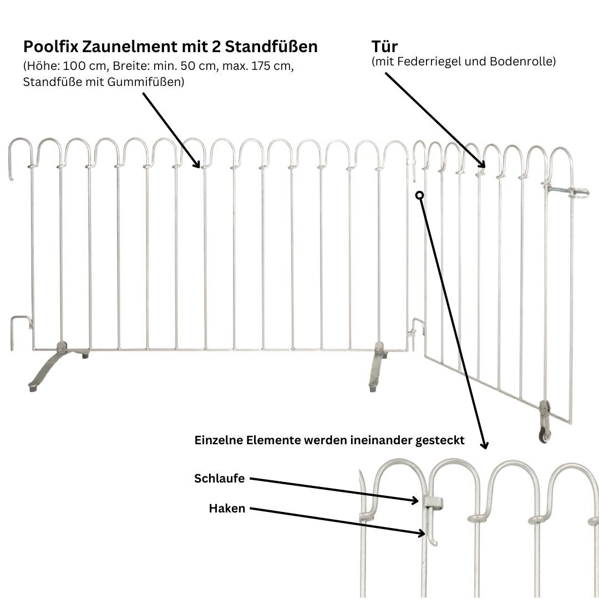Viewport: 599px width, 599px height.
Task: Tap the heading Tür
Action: (x=384, y=47)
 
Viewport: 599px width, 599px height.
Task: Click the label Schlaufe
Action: (x=219, y=479)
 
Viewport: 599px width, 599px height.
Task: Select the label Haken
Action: (x=227, y=508)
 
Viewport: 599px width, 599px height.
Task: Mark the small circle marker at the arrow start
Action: (x=420, y=195)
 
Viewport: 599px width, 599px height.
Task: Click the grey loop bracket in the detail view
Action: (x=433, y=502)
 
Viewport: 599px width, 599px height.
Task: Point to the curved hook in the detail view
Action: (x=431, y=535)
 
